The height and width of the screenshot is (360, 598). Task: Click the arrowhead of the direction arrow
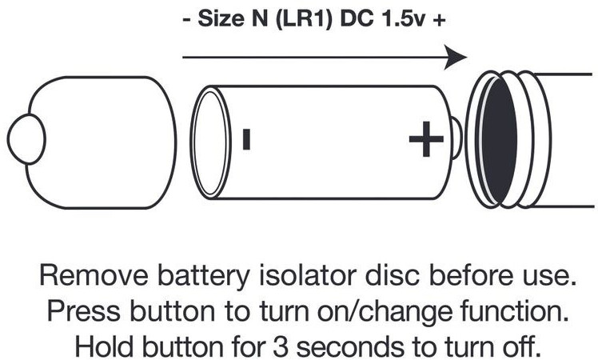point(456,58)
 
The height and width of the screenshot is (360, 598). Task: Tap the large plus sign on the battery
point(426,139)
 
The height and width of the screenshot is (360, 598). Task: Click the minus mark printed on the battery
point(246,139)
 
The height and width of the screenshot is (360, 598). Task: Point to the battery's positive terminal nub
point(456,138)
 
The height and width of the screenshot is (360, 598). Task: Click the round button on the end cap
point(26,139)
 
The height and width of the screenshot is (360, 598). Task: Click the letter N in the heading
point(259,19)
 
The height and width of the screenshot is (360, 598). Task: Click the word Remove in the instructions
point(94,275)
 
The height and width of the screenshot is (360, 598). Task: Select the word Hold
point(104,346)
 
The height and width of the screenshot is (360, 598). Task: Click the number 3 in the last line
point(281,346)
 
